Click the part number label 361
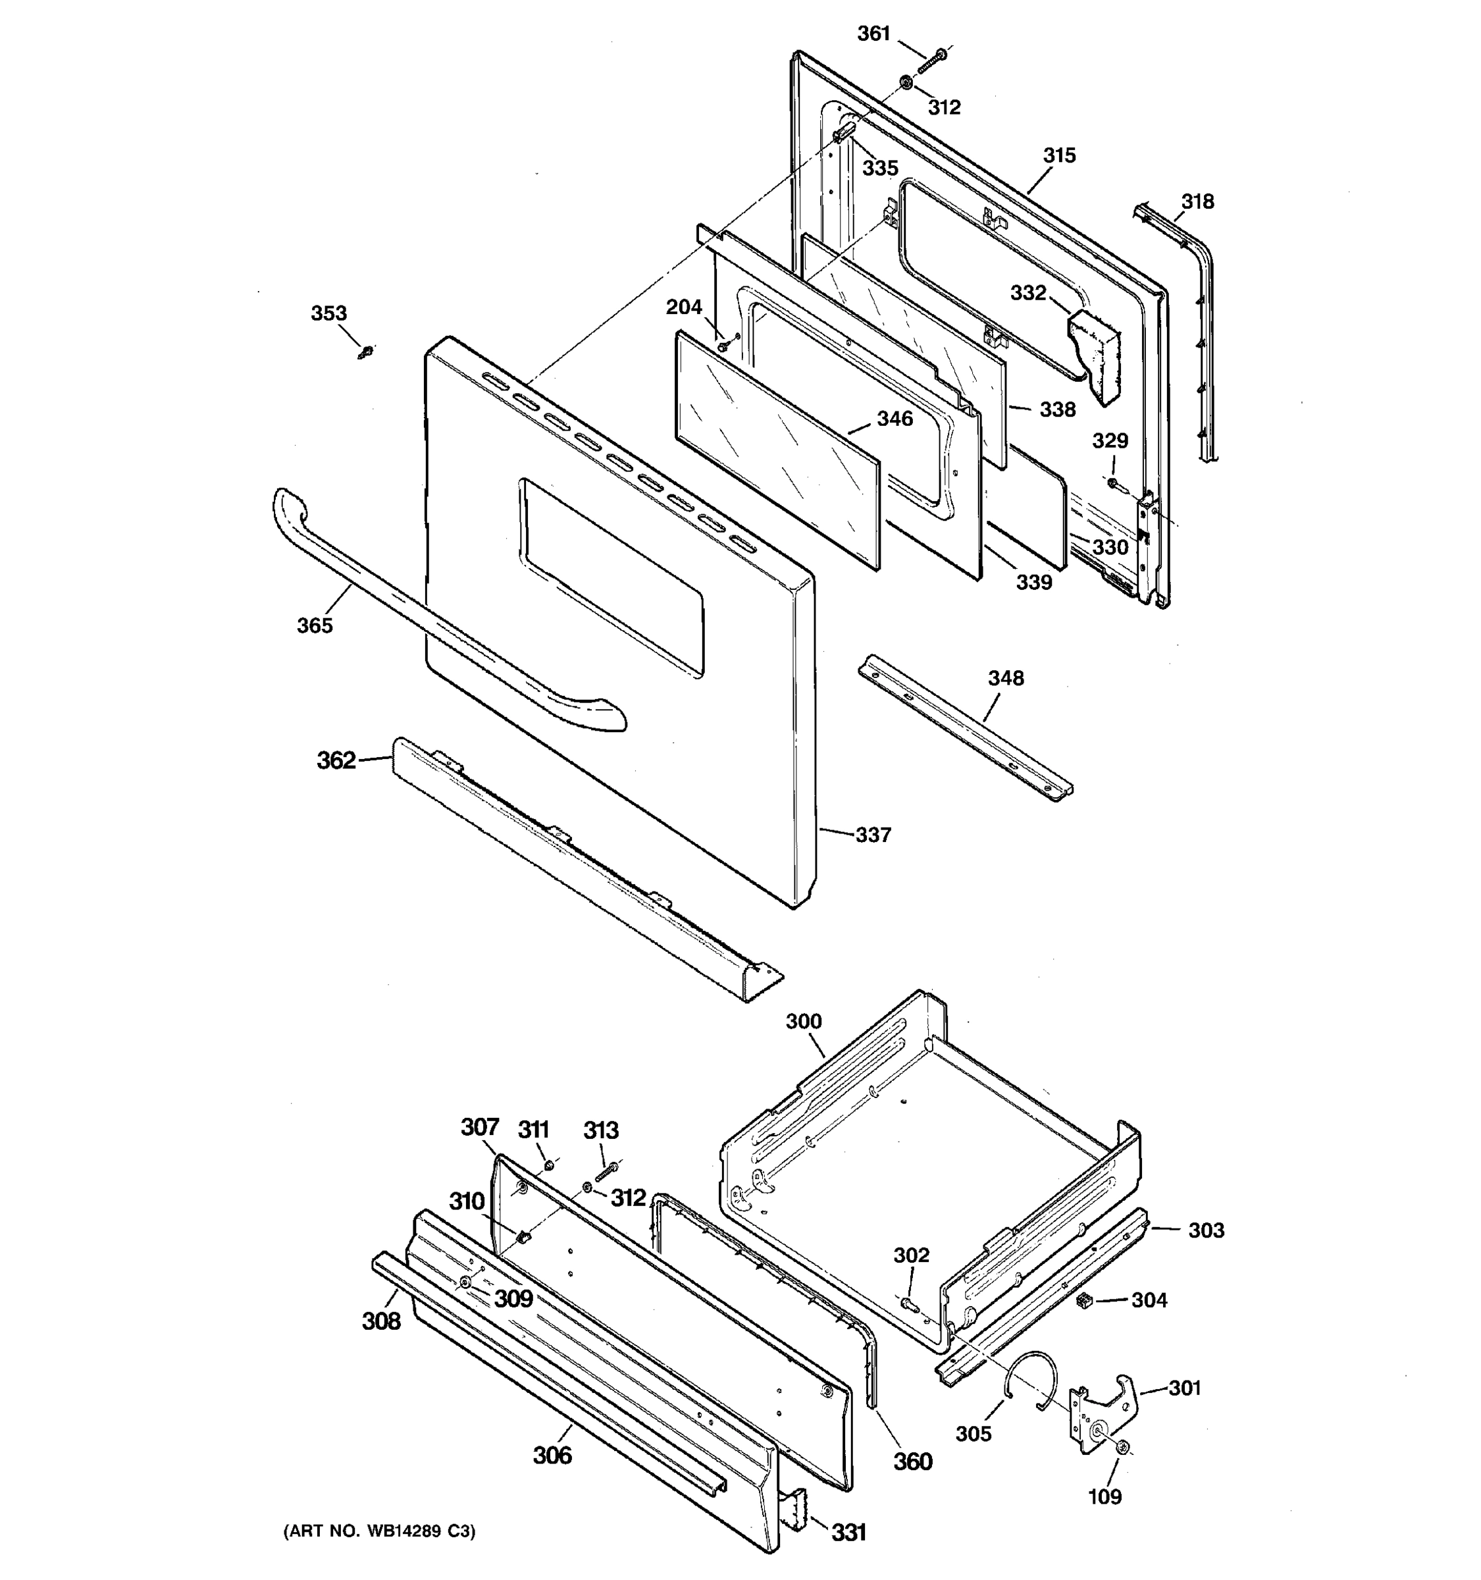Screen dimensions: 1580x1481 (x=873, y=34)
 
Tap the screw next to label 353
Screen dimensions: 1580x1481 (x=366, y=352)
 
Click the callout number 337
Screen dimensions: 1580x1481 (x=873, y=835)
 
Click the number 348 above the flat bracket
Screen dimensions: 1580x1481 (x=1005, y=678)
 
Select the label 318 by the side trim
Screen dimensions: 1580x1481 (x=1197, y=202)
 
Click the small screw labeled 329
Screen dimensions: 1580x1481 (x=1112, y=483)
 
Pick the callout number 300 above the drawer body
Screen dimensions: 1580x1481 (x=803, y=1021)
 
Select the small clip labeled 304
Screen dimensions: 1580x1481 (x=1082, y=1300)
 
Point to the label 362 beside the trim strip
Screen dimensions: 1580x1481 (x=336, y=760)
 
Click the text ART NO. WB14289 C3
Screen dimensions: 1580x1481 (x=379, y=1531)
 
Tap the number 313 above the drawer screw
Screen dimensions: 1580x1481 (x=601, y=1130)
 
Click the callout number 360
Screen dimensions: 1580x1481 (x=912, y=1461)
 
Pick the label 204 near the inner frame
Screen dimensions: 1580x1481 (x=683, y=307)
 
